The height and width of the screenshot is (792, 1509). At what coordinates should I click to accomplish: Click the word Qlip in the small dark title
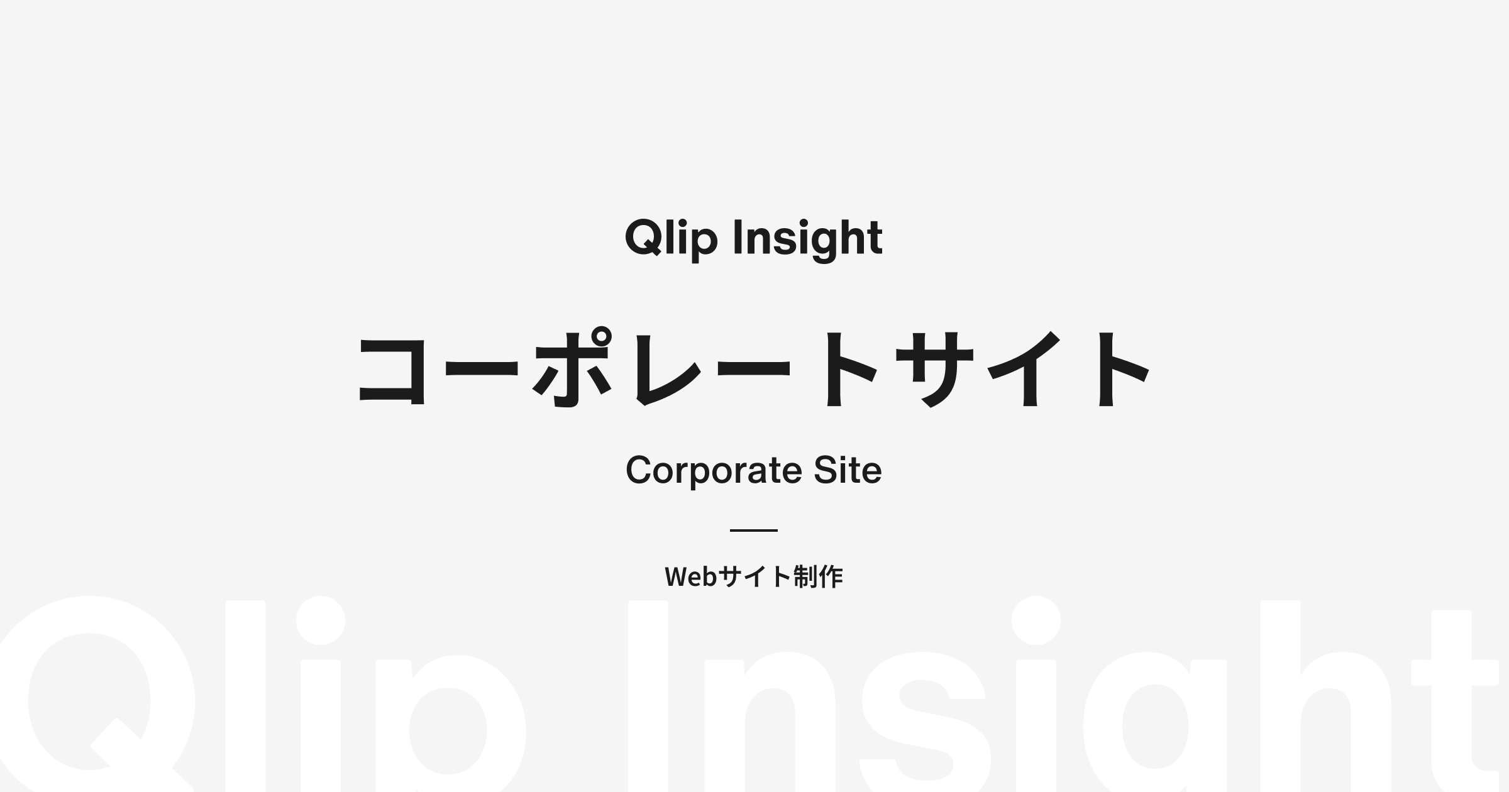[x=671, y=239]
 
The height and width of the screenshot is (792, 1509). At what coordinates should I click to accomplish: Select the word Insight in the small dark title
[x=808, y=239]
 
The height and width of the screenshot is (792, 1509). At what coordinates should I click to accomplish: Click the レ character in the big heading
[x=668, y=368]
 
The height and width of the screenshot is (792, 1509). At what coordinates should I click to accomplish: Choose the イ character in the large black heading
[x=1025, y=368]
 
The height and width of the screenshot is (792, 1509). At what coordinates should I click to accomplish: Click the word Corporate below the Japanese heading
[x=714, y=471]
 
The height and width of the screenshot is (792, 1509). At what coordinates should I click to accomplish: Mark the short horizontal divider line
[x=754, y=531]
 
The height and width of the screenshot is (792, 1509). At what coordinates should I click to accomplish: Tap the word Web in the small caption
[x=690, y=576]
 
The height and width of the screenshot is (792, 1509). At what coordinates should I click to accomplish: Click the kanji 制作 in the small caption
[x=818, y=576]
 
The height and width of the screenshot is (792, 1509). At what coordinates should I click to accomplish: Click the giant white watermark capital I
[x=648, y=696]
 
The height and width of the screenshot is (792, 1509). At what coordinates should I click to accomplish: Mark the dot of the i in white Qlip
[x=321, y=620]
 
